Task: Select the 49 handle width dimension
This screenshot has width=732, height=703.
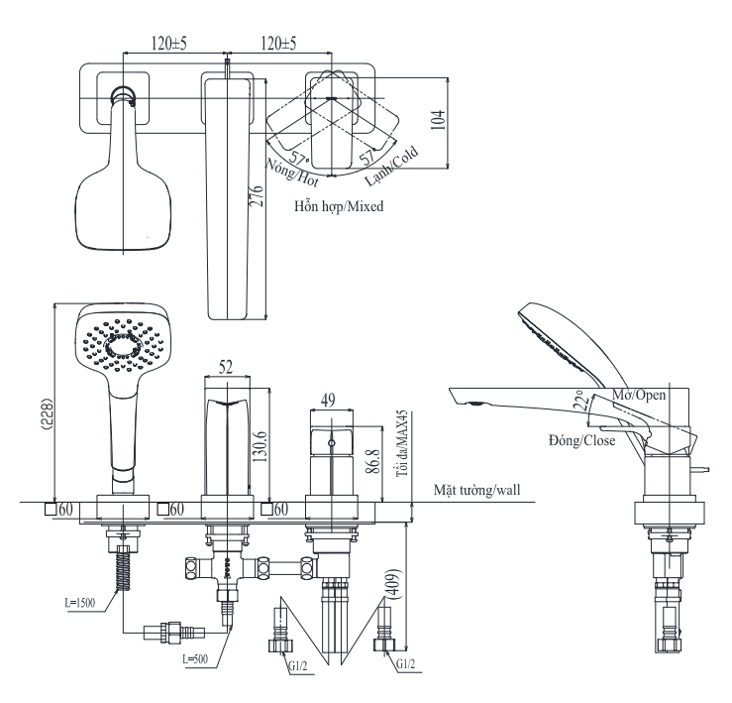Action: [x=329, y=400]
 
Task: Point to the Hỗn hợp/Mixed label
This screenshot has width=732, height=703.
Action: [x=339, y=207]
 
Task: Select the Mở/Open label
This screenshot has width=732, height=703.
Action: [x=639, y=395]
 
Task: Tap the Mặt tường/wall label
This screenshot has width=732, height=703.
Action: [x=479, y=489]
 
